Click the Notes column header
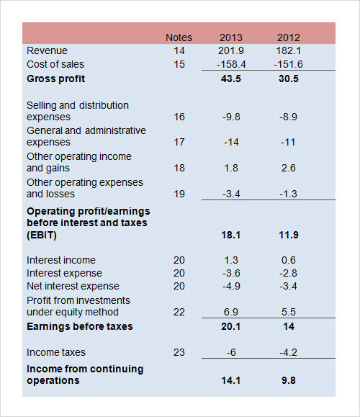179,37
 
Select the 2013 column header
231,37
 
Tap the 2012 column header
289,37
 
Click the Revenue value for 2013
231,50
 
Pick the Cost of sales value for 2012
288,64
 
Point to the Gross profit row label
56,79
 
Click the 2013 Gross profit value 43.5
231,79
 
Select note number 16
179,117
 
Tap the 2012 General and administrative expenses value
288,142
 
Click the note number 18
179,168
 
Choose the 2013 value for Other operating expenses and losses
231,194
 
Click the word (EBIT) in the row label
42,235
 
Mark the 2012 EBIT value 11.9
289,235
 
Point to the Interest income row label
61,260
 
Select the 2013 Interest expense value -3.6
231,273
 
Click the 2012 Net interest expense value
288,286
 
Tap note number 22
179,312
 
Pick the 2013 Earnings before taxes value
231,326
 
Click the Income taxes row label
56,352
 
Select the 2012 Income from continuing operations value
289,380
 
